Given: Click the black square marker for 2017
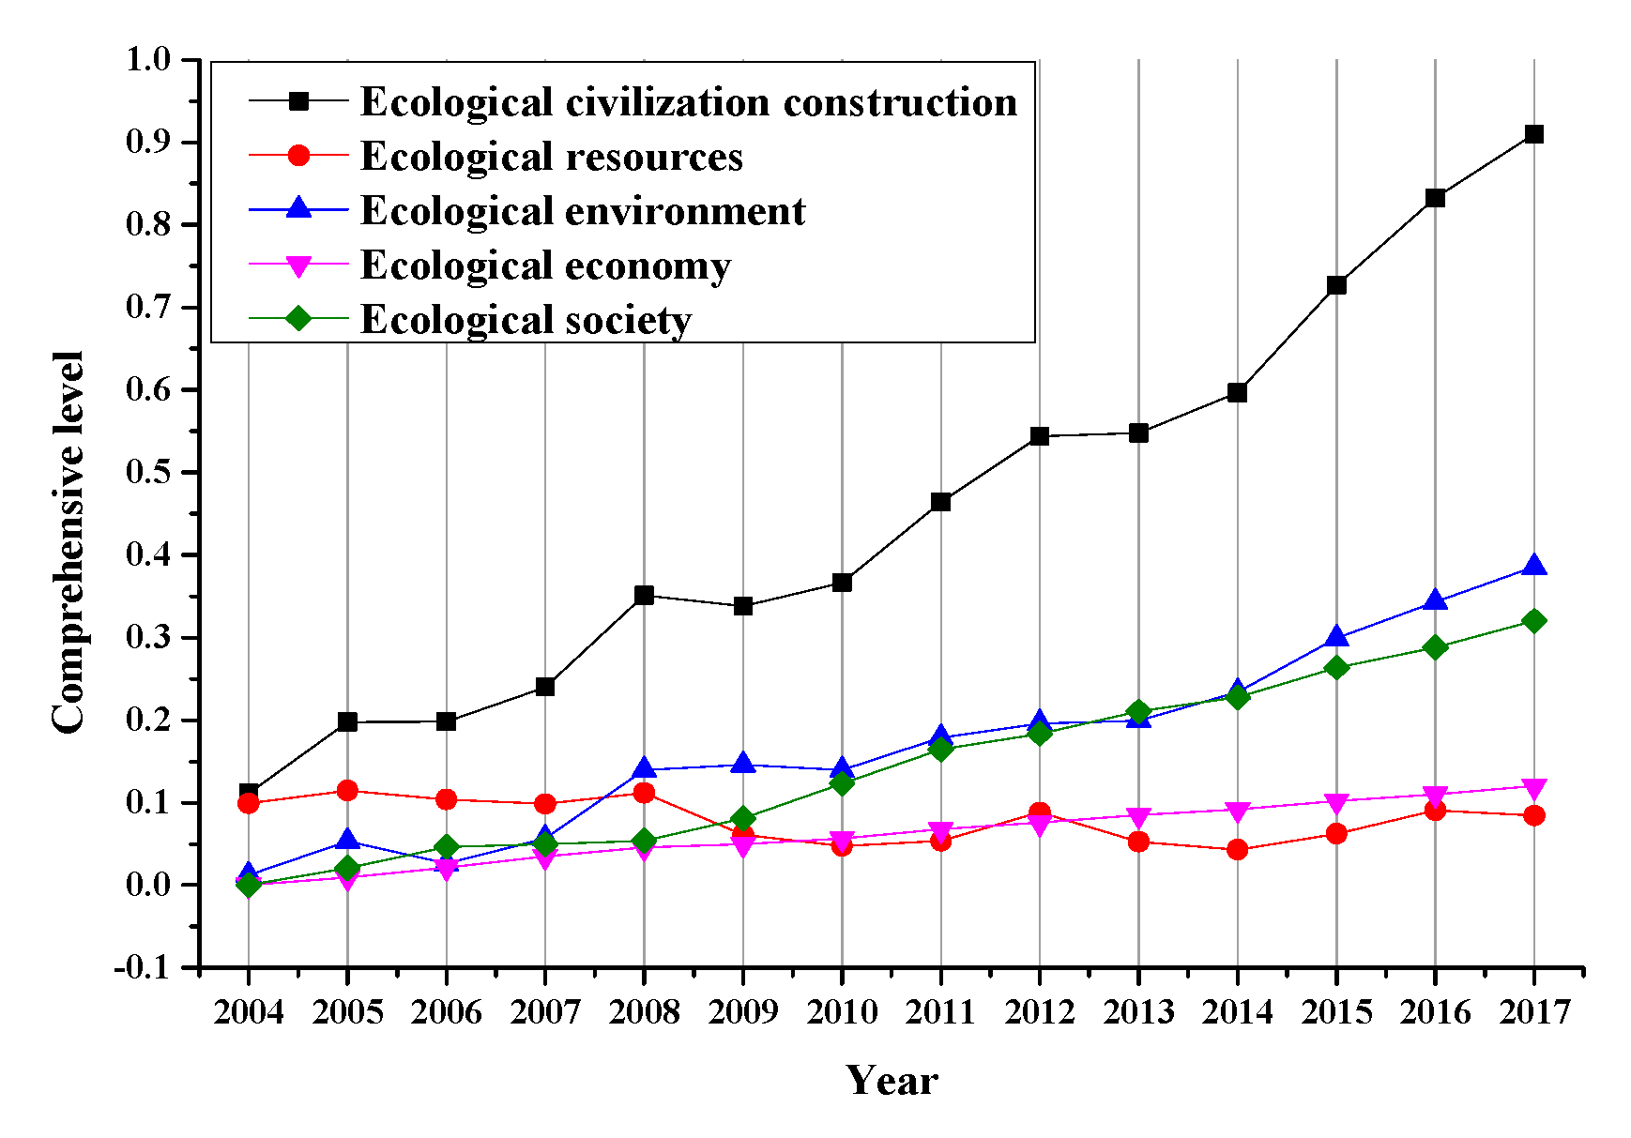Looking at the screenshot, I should tap(1533, 134).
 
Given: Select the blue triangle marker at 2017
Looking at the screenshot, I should tap(1533, 566).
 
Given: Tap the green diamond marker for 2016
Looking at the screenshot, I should tap(1435, 647).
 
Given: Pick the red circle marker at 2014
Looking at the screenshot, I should tap(1237, 850).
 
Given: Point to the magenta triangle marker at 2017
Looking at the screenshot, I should tap(1533, 787).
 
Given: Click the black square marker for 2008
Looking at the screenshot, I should tap(644, 595).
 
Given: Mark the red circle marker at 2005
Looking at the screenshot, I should tap(347, 790).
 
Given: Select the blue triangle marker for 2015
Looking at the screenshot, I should tap(1336, 638).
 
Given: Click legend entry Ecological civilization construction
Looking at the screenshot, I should tap(688, 102).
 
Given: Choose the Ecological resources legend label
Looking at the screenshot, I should tap(551, 157).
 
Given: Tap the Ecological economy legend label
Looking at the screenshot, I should tap(545, 266).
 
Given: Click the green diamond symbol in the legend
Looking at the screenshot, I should tap(298, 319).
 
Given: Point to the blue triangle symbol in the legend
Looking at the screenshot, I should tap(298, 208).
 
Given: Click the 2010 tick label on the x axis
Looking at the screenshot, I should tap(842, 1012).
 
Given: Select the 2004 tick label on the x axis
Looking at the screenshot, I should tap(248, 1012).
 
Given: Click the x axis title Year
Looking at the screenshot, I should tap(892, 1081).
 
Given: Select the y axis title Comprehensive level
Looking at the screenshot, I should tap(69, 542).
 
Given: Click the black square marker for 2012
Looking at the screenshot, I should tap(1039, 436).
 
